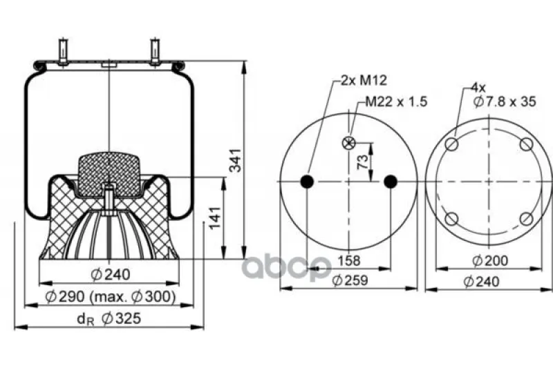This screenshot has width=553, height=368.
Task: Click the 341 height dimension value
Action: (235, 161)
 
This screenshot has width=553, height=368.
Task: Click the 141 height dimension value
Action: (215, 217)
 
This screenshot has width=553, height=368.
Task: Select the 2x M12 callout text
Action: (364, 80)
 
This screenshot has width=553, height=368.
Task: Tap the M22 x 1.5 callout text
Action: (396, 101)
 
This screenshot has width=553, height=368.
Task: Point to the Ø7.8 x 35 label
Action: (505, 101)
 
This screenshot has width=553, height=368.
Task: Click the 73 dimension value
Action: (362, 162)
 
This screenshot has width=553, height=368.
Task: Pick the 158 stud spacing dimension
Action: (349, 261)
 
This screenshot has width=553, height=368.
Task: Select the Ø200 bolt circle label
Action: (490, 261)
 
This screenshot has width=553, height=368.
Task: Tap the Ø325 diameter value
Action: (121, 318)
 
